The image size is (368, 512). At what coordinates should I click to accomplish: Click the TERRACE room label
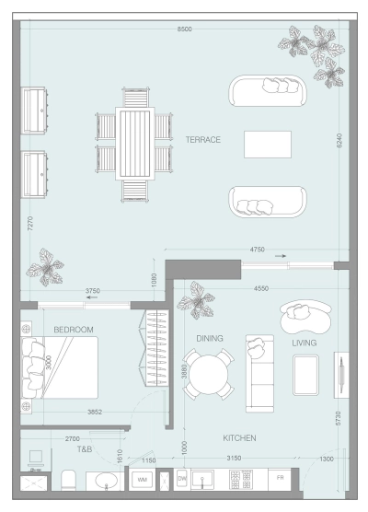pos(202,140)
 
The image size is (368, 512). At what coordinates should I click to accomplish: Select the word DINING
pos(209,338)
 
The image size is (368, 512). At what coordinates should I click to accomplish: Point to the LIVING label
pos(305,343)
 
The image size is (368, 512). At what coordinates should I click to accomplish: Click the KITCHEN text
pos(239,438)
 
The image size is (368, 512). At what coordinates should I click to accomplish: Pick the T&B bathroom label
pos(85,449)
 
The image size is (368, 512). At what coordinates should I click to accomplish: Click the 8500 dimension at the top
pos(185,30)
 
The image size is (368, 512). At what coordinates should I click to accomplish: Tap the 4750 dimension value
pos(258,249)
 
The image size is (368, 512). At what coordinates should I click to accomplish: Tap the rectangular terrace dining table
pos(135,145)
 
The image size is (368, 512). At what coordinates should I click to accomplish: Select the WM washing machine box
pos(143,480)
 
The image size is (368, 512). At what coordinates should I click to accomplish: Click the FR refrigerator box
pos(281,480)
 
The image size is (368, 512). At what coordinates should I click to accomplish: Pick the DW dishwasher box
pos(182,480)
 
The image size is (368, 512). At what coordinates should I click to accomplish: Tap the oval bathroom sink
pos(106,481)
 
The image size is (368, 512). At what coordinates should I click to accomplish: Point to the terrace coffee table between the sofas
pos(267,144)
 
